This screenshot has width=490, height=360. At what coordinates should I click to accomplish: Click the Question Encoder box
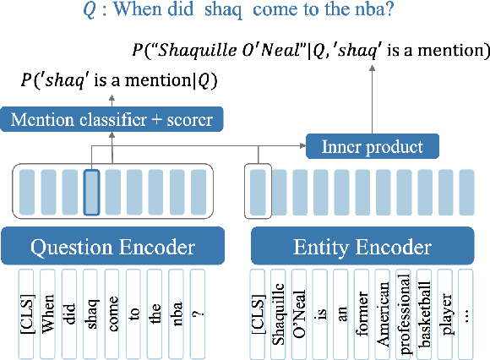(112, 247)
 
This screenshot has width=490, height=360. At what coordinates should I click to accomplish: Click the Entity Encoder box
(362, 247)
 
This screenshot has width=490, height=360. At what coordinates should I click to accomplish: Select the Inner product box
(373, 147)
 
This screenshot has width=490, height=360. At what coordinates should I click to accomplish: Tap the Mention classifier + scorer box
(112, 118)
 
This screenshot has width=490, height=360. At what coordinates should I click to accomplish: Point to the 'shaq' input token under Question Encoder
(91, 308)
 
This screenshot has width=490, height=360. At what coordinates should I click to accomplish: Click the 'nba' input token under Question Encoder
(176, 308)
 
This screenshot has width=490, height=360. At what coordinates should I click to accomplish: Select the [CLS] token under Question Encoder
(27, 308)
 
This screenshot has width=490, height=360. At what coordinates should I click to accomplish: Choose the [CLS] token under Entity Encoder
(258, 308)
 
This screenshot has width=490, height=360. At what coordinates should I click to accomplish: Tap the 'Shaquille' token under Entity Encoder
(280, 308)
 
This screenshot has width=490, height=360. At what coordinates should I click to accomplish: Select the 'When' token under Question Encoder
(48, 308)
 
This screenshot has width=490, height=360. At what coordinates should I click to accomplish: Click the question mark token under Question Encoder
(198, 308)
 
